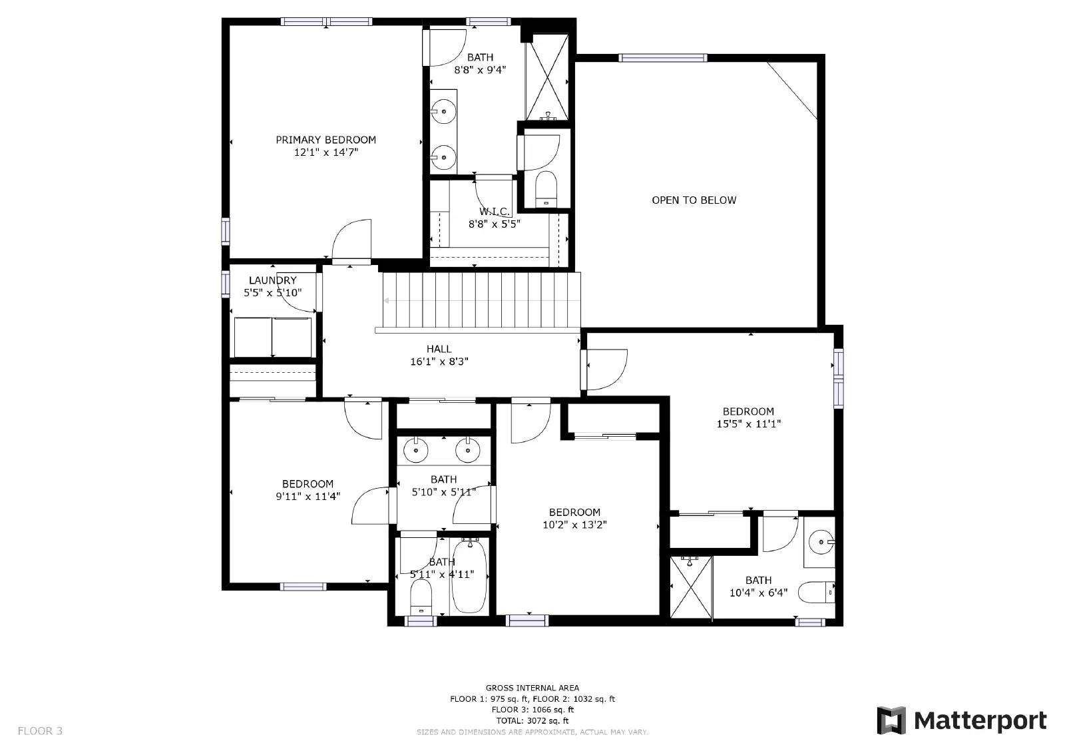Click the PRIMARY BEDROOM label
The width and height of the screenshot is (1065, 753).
coord(325,140)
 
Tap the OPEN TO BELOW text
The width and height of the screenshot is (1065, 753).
coord(694,200)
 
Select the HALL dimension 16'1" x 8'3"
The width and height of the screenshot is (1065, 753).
coord(439,362)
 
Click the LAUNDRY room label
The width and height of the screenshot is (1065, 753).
coord(272,280)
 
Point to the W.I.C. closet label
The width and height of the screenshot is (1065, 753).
coord(495,212)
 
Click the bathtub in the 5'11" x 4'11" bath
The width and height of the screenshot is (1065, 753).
coord(470,577)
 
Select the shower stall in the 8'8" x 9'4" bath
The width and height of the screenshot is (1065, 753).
coord(547,79)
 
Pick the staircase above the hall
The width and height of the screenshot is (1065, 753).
coord(479,301)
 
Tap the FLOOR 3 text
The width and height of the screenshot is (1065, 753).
coord(40,731)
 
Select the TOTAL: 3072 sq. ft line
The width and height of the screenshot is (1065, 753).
coord(532,720)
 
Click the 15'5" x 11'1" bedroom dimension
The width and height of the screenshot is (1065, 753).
coord(748,423)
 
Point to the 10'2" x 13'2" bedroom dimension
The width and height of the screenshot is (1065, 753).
coord(574,524)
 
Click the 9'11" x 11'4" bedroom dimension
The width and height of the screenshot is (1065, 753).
coord(308,496)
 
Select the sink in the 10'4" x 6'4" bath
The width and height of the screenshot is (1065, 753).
coord(821,542)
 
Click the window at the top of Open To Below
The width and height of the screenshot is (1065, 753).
coord(662,58)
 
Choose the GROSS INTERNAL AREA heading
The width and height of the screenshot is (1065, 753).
coord(532,688)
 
